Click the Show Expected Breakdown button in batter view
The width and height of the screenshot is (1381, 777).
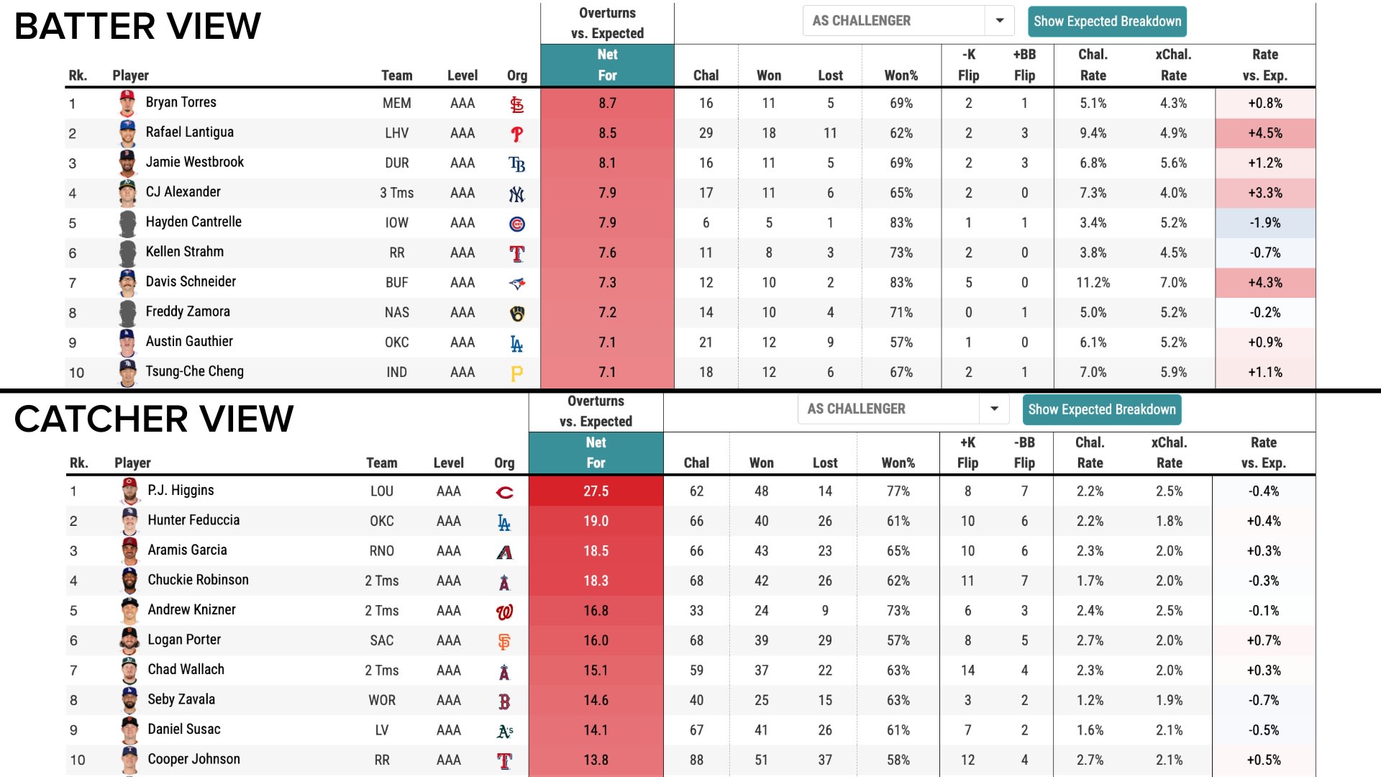pyautogui.click(x=1107, y=22)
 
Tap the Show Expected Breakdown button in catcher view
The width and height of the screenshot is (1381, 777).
pyautogui.click(x=1101, y=409)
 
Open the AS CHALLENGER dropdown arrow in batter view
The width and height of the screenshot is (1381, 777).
pyautogui.click(x=999, y=21)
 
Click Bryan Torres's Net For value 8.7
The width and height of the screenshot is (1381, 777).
pyautogui.click(x=607, y=103)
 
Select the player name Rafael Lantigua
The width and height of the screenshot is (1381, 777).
pyautogui.click(x=189, y=132)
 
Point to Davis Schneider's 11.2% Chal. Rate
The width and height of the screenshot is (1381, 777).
pyautogui.click(x=1093, y=283)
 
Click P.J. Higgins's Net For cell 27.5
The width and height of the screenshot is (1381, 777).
pyautogui.click(x=596, y=491)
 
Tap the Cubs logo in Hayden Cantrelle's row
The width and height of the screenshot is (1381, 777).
pyautogui.click(x=516, y=224)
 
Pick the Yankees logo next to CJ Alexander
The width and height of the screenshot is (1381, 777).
pyautogui.click(x=516, y=194)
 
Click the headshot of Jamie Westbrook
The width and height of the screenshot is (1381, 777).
pyautogui.click(x=127, y=163)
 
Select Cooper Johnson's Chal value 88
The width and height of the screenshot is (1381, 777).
pyautogui.click(x=696, y=760)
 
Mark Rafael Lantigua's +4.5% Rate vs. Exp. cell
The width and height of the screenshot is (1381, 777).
pyautogui.click(x=1264, y=133)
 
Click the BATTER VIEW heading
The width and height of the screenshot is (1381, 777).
pyautogui.click(x=137, y=27)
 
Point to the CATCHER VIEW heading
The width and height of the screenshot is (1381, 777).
pyautogui.click(x=154, y=419)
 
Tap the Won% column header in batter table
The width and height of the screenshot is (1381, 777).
pyautogui.click(x=901, y=76)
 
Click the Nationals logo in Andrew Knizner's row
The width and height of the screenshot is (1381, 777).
pyautogui.click(x=504, y=612)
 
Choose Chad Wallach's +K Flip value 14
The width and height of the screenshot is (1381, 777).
pyautogui.click(x=967, y=671)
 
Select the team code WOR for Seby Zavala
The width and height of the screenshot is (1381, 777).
pyautogui.click(x=381, y=700)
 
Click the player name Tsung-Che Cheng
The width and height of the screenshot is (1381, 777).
pyautogui.click(x=194, y=371)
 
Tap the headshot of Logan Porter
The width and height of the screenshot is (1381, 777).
pyautogui.click(x=129, y=640)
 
